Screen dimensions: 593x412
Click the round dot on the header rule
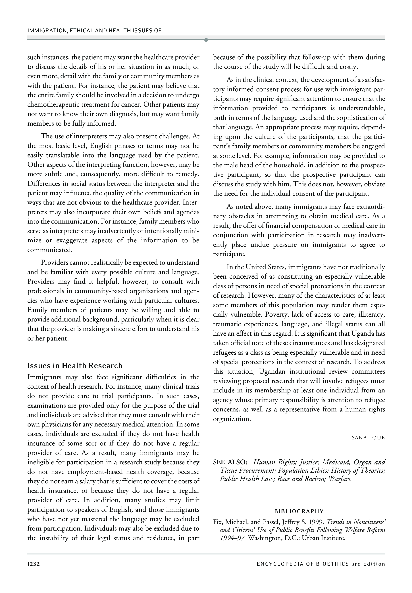206,40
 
